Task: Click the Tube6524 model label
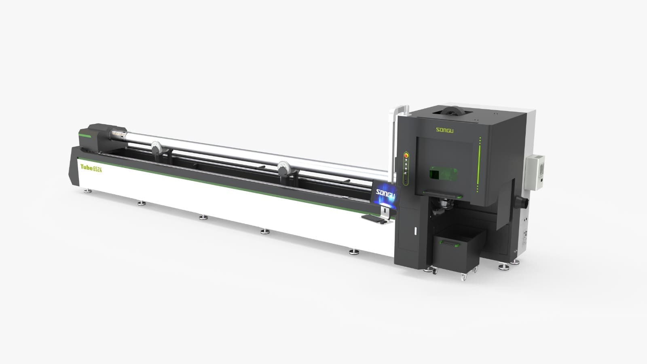point(91,168)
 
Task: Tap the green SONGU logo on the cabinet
point(444,130)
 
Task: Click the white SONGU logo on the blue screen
point(385,194)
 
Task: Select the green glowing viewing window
point(443,173)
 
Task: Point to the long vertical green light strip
point(478,165)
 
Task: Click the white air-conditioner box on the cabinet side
point(535,172)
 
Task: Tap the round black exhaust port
point(522,202)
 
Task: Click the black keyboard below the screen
point(374,219)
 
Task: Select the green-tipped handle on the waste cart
point(450,243)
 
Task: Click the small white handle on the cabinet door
point(416,231)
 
